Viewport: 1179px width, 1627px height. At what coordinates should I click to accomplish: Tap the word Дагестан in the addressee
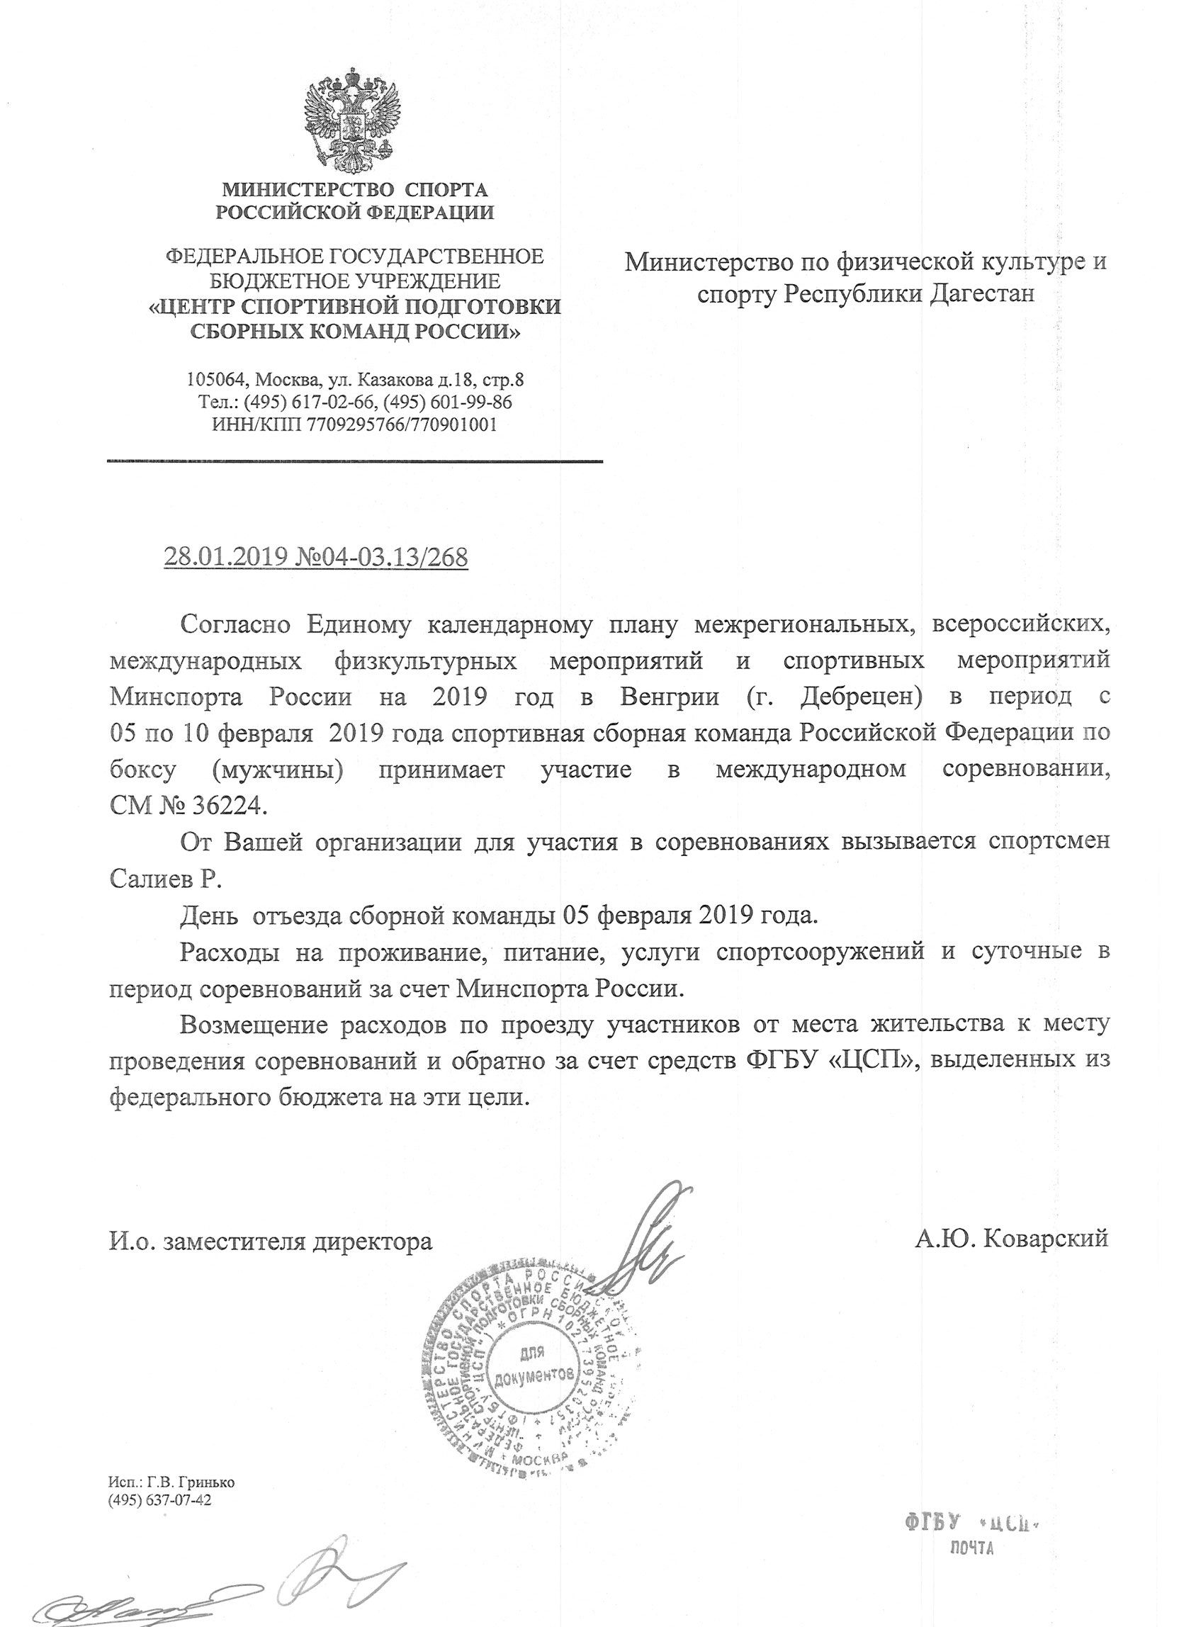pyautogui.click(x=982, y=293)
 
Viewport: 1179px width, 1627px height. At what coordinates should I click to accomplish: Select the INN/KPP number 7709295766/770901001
pyautogui.click(x=402, y=424)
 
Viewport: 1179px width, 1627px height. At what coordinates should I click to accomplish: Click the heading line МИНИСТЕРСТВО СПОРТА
pyautogui.click(x=354, y=190)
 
